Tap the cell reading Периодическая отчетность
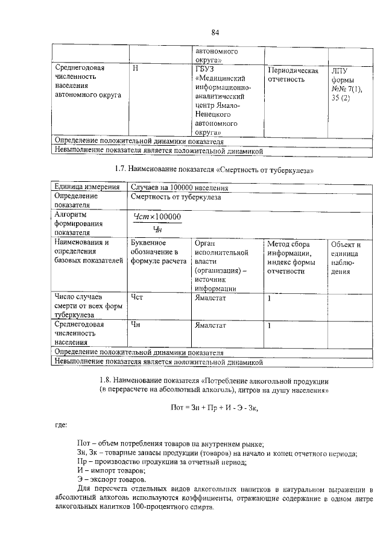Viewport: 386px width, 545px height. click(x=293, y=75)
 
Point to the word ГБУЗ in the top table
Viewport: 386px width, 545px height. click(x=203, y=69)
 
